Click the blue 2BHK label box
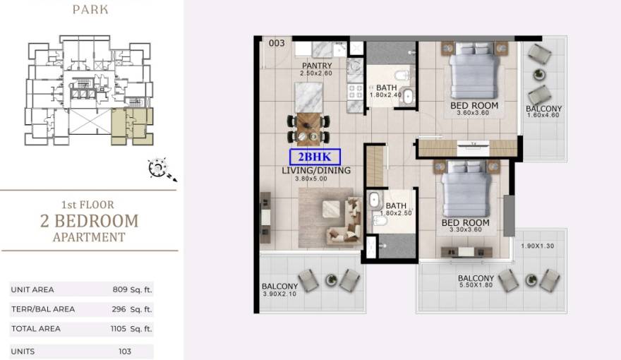(x=315, y=157)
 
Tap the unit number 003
(x=277, y=43)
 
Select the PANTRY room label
(x=317, y=66)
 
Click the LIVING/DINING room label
(x=316, y=170)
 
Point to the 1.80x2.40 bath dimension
(x=386, y=95)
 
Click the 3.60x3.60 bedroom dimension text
(x=473, y=113)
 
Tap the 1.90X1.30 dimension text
(x=537, y=246)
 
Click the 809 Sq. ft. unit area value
(x=132, y=289)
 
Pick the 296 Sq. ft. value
(x=132, y=309)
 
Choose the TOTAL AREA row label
(x=36, y=329)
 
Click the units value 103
(x=125, y=352)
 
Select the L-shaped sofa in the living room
(x=344, y=220)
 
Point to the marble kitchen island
(x=308, y=97)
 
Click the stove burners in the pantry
(x=355, y=92)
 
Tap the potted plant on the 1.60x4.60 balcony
(x=538, y=74)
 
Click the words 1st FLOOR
(x=88, y=205)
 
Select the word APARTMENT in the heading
(x=89, y=237)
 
